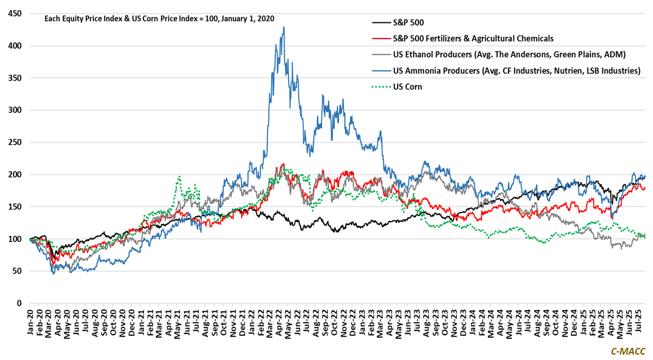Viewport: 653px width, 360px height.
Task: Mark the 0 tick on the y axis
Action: point(19,303)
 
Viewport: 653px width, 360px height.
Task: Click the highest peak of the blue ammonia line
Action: point(283,27)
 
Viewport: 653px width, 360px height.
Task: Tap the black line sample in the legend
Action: point(380,23)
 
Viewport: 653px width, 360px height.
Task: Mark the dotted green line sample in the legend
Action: point(380,87)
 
